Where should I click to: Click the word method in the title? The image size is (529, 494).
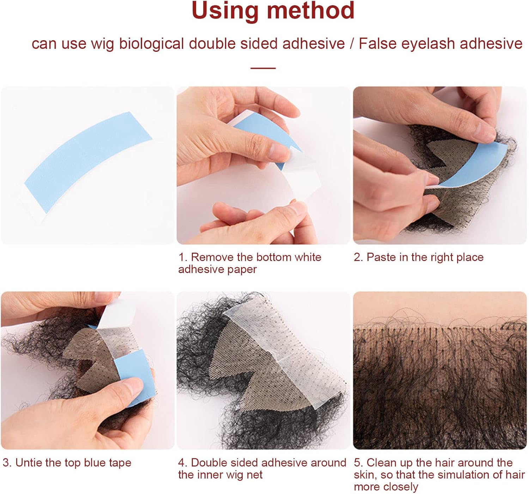click(311, 10)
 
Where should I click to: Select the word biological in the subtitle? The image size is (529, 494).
click(151, 44)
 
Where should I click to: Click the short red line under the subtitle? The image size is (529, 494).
click(263, 68)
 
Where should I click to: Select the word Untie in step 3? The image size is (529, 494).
click(29, 463)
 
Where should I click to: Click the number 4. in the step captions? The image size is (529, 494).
click(183, 463)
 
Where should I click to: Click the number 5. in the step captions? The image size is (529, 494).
click(358, 463)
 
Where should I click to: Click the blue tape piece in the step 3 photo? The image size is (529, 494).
click(136, 378)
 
